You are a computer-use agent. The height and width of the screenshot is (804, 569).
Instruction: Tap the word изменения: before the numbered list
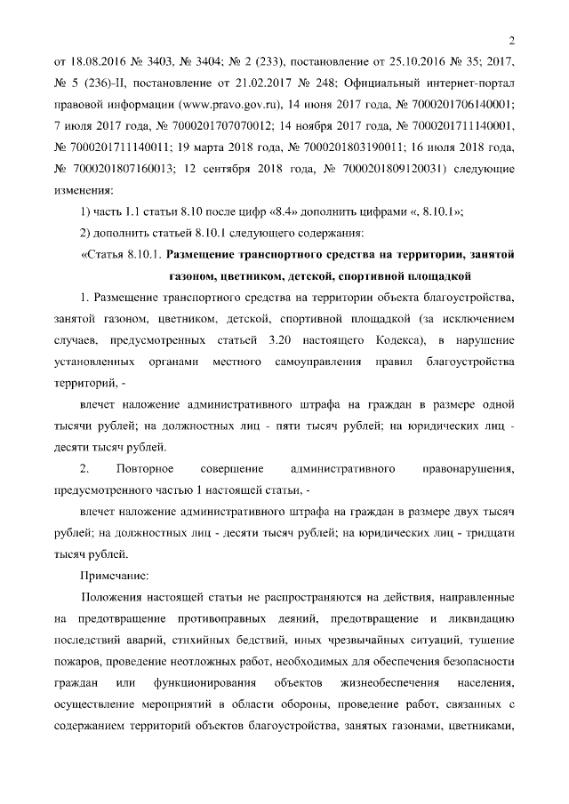(84, 189)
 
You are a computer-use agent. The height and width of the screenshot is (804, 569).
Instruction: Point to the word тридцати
(493, 532)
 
